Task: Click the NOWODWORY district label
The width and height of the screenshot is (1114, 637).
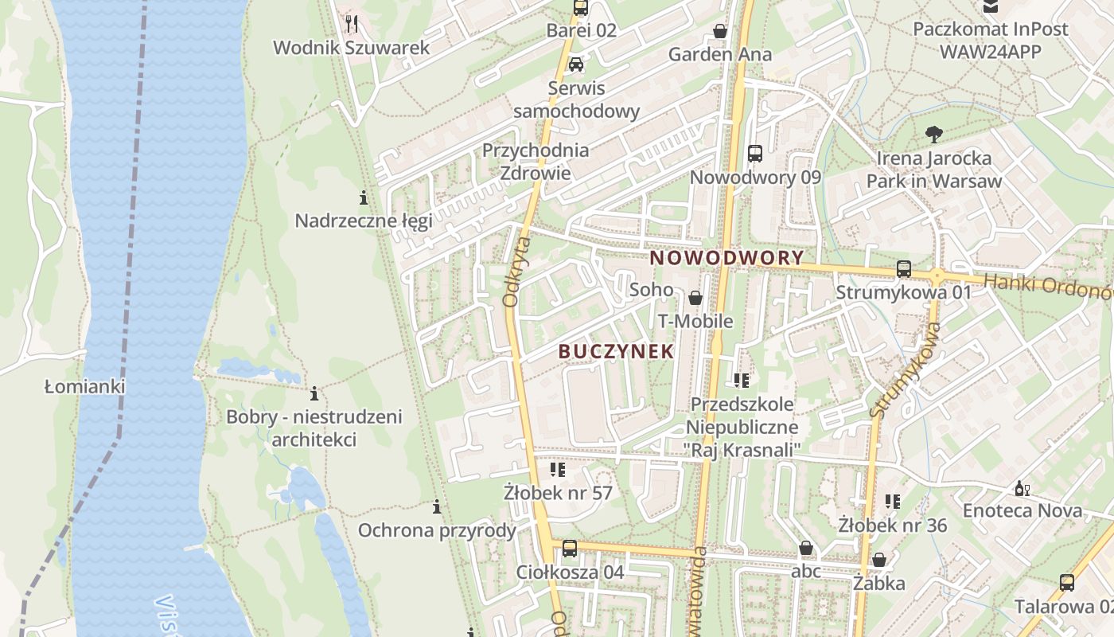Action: [x=727, y=258]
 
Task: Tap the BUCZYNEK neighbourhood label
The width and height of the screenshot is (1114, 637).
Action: [x=617, y=351]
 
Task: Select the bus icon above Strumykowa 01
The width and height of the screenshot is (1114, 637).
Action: [x=904, y=269]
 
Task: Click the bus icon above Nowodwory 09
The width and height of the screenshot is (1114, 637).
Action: [x=755, y=154]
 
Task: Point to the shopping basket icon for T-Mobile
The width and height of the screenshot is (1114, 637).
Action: [x=695, y=298]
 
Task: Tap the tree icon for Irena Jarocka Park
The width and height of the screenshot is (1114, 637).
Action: [x=934, y=135]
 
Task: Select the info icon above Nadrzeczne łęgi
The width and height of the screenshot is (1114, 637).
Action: [x=364, y=197]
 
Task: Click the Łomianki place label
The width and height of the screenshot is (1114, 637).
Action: [x=85, y=387]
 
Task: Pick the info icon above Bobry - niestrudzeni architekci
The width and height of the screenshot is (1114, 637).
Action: [x=314, y=393]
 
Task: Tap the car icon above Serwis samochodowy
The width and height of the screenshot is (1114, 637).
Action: [x=576, y=64]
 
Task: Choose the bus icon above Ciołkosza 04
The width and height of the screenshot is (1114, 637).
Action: [x=570, y=548]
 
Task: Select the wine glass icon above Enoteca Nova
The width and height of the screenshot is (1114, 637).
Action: [x=1022, y=487]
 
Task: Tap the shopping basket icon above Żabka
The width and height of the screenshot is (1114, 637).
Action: [x=879, y=560]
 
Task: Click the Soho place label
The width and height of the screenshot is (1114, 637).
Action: [x=651, y=290]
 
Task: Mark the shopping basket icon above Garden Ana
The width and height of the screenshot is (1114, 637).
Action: [x=720, y=31]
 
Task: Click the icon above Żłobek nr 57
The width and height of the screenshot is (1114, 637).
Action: [x=558, y=470]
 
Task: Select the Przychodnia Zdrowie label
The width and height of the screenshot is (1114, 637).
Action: [x=536, y=162]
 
